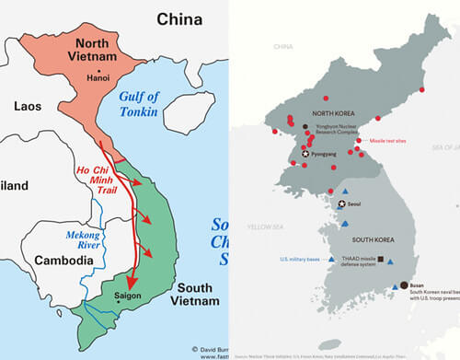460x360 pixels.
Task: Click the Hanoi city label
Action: (98, 77)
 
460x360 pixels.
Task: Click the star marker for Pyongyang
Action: (306, 154)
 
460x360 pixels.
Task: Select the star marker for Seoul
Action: (342, 203)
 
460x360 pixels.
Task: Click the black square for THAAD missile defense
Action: (379, 261)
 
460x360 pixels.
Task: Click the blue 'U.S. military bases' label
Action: (300, 260)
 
